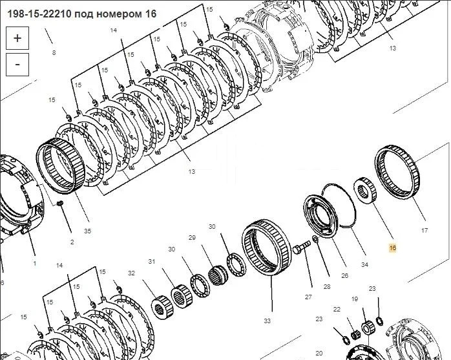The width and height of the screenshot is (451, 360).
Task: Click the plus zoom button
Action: [17, 38]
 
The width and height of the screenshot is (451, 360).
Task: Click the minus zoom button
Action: [17, 65]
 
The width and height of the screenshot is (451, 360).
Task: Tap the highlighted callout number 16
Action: [393, 248]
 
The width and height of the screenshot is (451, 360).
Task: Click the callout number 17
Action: [425, 230]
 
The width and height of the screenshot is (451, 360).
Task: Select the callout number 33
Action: [267, 321]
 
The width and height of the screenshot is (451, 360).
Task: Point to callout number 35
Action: [87, 231]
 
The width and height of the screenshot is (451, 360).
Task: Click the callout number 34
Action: [364, 264]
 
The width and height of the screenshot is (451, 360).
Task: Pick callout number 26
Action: [344, 276]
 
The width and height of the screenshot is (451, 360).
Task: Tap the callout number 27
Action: [308, 297]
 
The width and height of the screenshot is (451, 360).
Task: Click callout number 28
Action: [327, 286]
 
